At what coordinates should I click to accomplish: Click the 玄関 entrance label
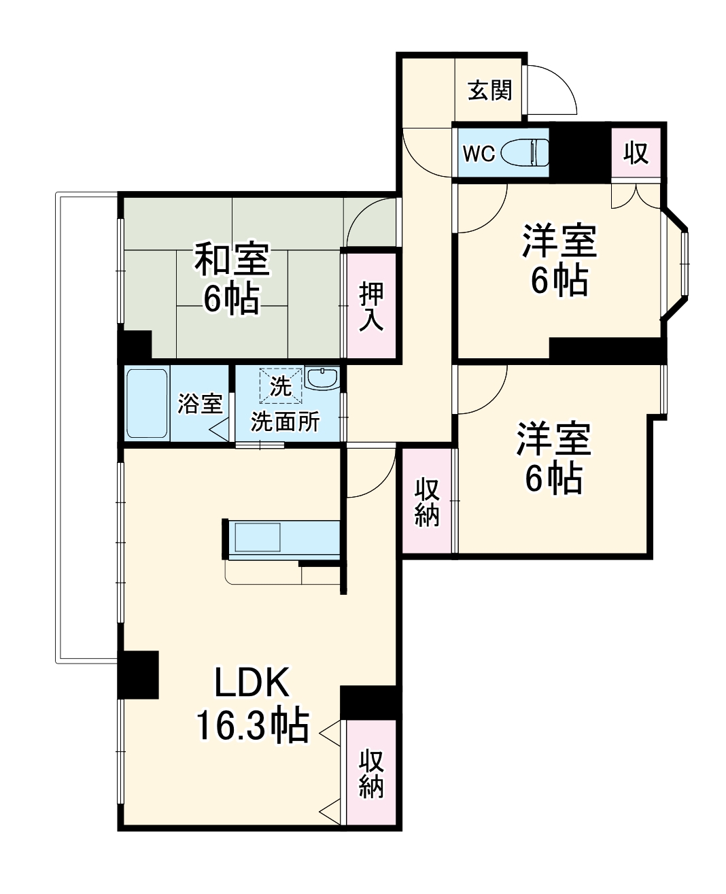[489, 90]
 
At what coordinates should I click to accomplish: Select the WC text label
[479, 154]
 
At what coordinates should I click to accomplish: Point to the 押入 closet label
[371, 307]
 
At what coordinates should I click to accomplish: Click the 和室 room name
[232, 259]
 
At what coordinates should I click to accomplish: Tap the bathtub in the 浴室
[147, 403]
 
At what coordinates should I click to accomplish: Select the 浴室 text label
[200, 404]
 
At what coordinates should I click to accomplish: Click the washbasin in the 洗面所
[322, 378]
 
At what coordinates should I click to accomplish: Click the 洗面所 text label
[286, 422]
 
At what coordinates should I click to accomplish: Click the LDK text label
[252, 683]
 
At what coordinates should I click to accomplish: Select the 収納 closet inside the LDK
[371, 772]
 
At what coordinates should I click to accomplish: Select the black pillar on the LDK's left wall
[139, 674]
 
